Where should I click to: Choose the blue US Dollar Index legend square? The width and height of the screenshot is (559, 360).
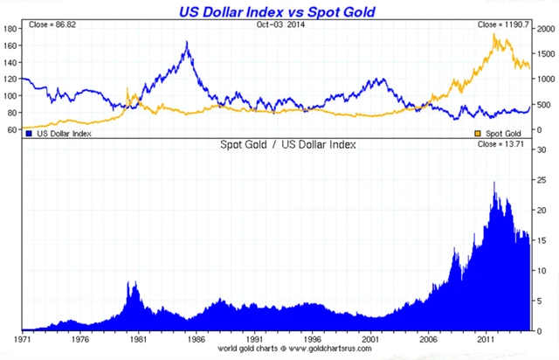pyautogui.click(x=29, y=134)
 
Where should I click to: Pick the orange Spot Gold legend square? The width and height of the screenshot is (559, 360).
pyautogui.click(x=477, y=134)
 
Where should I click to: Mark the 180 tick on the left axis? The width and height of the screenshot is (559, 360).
pyautogui.click(x=10, y=29)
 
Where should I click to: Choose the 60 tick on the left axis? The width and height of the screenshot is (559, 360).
pyautogui.click(x=12, y=129)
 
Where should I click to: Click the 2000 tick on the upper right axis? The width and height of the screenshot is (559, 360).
pyautogui.click(x=546, y=29)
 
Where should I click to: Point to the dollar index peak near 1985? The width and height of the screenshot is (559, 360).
pyautogui.click(x=187, y=42)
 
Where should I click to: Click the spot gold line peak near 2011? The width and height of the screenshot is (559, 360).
pyautogui.click(x=495, y=35)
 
